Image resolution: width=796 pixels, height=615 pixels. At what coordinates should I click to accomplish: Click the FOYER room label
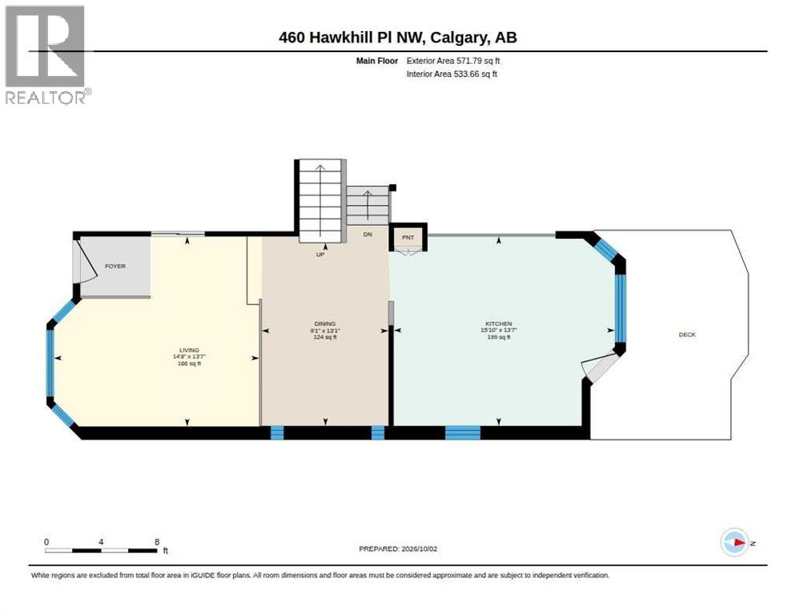click(115, 266)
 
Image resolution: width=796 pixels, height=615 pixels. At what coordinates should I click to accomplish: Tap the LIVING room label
click(189, 350)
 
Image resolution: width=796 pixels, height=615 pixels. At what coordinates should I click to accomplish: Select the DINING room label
click(325, 324)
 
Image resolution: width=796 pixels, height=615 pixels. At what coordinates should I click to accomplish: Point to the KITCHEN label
click(499, 324)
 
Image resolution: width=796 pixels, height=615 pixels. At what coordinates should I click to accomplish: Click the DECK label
click(687, 335)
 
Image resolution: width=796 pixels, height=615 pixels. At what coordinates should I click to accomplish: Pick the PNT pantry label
click(408, 237)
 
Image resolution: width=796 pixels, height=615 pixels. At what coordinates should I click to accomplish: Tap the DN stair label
click(368, 234)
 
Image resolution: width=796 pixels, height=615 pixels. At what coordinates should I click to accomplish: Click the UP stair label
click(320, 255)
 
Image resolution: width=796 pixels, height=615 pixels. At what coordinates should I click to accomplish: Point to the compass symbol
click(735, 542)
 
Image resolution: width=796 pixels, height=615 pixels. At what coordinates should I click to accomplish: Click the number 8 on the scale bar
click(157, 542)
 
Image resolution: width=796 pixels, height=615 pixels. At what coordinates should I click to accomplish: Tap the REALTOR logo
click(47, 54)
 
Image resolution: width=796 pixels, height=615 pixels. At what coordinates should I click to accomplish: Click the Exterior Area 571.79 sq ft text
click(452, 61)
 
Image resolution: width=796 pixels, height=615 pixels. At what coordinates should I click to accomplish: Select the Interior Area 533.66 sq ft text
click(452, 74)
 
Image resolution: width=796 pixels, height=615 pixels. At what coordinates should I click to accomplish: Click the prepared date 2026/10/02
click(420, 549)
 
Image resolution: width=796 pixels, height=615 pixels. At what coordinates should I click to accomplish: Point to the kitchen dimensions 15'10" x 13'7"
click(499, 330)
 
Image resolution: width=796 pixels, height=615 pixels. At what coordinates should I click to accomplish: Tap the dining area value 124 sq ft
click(325, 336)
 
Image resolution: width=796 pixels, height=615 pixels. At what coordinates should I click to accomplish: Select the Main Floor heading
click(376, 61)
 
